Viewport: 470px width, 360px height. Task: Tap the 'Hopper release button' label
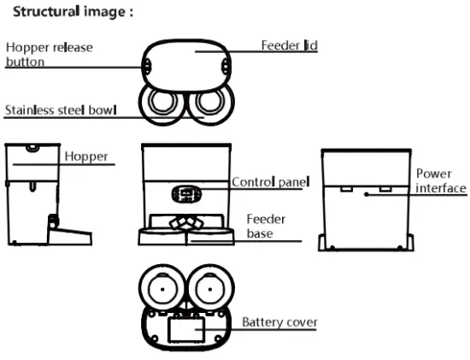coord(49,54)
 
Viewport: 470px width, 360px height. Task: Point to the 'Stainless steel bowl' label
coord(60,110)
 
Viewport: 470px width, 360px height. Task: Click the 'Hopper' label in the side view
coord(85,157)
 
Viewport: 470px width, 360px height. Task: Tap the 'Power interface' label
coord(441,180)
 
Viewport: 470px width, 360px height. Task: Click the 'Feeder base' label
coord(265,226)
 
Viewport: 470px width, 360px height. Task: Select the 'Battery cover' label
coord(279,322)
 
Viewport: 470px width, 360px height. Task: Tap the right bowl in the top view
coord(209,104)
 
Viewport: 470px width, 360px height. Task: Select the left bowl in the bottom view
coord(161,289)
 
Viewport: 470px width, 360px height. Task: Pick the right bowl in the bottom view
coord(210,289)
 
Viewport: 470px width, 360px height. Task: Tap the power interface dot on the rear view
coord(365,195)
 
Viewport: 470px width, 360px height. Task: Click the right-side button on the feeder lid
coord(226,66)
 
